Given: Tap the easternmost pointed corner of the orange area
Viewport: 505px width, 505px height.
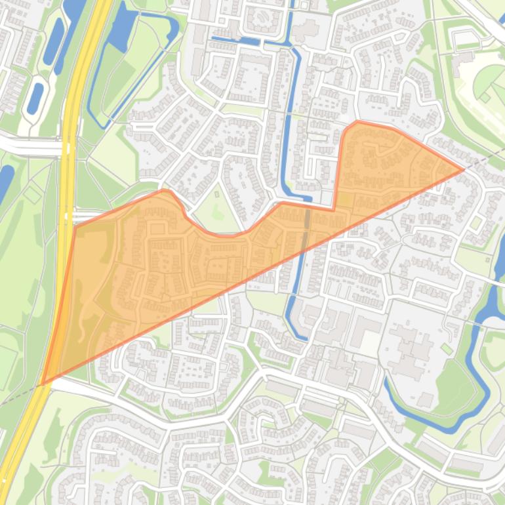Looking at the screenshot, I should [x=464, y=169].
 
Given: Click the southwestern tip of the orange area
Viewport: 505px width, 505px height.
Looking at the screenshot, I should [x=43, y=384].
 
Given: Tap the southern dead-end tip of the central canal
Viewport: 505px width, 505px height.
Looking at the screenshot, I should [x=304, y=338].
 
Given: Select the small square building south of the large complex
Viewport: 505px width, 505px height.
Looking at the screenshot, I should [x=425, y=399].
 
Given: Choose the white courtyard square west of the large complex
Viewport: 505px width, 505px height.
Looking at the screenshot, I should [x=370, y=341].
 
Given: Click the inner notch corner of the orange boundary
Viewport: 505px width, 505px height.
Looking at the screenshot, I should [x=334, y=209].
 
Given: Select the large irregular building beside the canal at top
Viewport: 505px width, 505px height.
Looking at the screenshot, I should [x=303, y=30].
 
